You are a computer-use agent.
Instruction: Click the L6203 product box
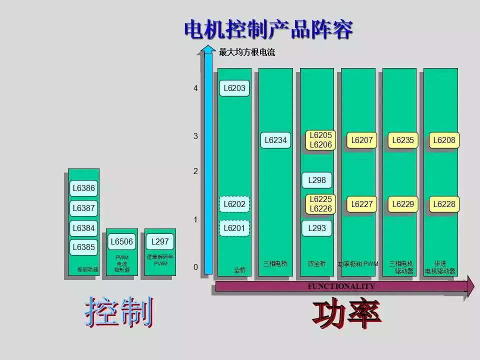click(234, 88)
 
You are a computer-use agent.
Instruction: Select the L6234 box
click(275, 140)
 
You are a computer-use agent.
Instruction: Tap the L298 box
click(317, 180)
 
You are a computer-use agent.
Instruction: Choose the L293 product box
click(317, 228)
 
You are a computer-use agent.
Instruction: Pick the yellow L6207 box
click(362, 140)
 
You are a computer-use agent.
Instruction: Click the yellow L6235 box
click(403, 140)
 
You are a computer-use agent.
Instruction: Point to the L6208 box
click(444, 140)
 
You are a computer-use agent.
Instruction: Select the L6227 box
click(362, 204)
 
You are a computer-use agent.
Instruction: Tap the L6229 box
click(403, 204)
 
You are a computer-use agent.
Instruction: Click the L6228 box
click(444, 204)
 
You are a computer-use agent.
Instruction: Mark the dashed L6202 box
click(234, 204)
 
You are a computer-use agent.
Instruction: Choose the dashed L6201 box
click(234, 228)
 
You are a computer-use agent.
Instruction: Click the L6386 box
click(83, 188)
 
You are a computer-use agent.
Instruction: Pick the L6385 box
click(83, 246)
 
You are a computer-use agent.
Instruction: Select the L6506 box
click(121, 242)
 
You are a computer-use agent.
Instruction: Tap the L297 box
click(160, 242)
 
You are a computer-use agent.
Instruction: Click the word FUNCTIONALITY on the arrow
click(341, 286)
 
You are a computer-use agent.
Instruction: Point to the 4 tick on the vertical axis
click(196, 88)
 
